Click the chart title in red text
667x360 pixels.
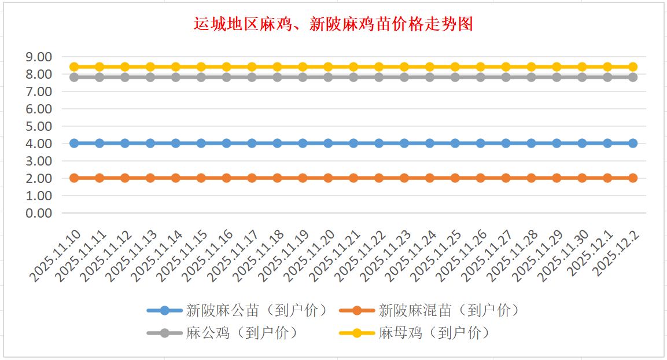(x=333, y=24)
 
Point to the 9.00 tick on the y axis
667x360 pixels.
(x=39, y=57)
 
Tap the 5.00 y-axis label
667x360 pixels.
(x=39, y=126)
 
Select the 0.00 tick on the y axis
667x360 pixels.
(x=39, y=213)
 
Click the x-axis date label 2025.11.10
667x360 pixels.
(x=56, y=255)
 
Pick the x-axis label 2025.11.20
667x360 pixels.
(x=311, y=255)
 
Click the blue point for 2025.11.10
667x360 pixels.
(x=74, y=143)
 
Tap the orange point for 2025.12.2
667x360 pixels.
(x=633, y=178)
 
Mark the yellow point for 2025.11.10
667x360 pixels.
(x=74, y=67)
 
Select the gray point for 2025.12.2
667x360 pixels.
(x=633, y=77)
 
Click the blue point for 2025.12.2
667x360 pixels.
(x=633, y=143)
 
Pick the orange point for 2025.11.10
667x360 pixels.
(x=74, y=178)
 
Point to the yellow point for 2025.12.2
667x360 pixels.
(x=633, y=67)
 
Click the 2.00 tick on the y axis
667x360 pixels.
(x=39, y=178)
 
